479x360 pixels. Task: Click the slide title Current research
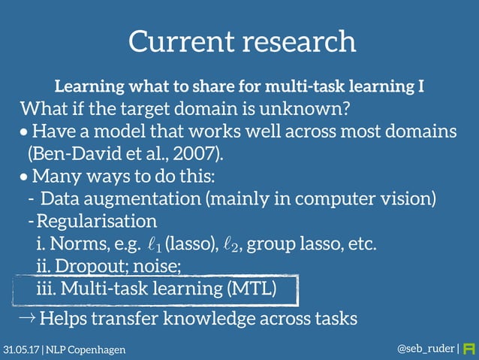(241, 41)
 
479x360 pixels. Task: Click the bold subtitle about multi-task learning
(240, 86)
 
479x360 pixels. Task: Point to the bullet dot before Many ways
(25, 179)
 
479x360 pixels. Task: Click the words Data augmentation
(121, 200)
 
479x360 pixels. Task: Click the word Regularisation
(97, 222)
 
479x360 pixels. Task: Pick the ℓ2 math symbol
(232, 244)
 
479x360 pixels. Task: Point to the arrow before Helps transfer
(26, 318)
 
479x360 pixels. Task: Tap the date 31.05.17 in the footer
(20, 350)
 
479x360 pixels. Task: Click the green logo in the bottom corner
(469, 349)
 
